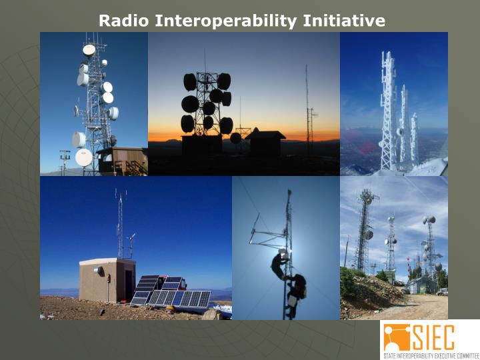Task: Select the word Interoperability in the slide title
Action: pyautogui.click(x=226, y=21)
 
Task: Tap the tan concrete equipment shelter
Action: pyautogui.click(x=107, y=280)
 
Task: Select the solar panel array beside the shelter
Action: pyautogui.click(x=170, y=291)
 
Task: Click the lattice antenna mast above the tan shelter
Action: pyautogui.click(x=120, y=223)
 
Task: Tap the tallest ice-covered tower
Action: pyautogui.click(x=387, y=110)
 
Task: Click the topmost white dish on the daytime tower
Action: pyautogui.click(x=89, y=49)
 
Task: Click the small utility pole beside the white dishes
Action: pyautogui.click(x=64, y=161)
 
